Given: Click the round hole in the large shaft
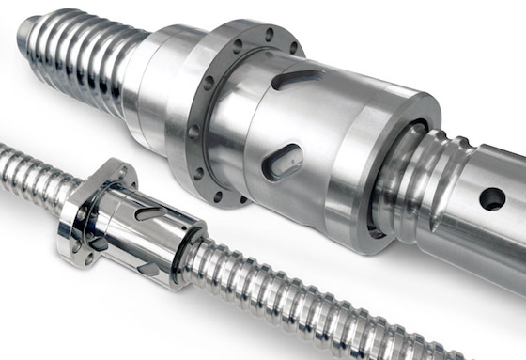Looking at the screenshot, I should tap(491, 198).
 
